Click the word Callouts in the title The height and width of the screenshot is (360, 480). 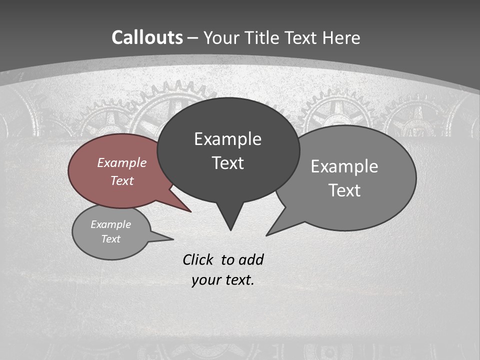click(x=147, y=37)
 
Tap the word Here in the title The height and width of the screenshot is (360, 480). click(x=341, y=37)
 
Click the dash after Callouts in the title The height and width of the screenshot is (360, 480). click(x=193, y=38)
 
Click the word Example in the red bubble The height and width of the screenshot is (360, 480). click(x=121, y=162)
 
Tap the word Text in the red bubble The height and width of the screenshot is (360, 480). click(x=121, y=180)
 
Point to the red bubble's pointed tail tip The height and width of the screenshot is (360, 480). click(x=191, y=212)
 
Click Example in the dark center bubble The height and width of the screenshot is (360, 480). click(x=227, y=139)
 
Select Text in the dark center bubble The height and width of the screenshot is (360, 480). click(x=227, y=163)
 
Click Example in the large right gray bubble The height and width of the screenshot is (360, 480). click(x=344, y=166)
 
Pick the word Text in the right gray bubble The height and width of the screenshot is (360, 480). click(x=344, y=190)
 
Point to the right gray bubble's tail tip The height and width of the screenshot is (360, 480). click(x=266, y=235)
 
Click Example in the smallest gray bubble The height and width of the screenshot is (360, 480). click(x=110, y=224)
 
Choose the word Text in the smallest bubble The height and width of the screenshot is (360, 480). click(x=110, y=239)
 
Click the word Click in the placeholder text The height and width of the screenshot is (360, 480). click(x=199, y=259)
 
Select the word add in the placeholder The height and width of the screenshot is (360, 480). click(x=251, y=259)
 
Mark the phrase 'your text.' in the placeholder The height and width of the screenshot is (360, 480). click(x=222, y=280)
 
